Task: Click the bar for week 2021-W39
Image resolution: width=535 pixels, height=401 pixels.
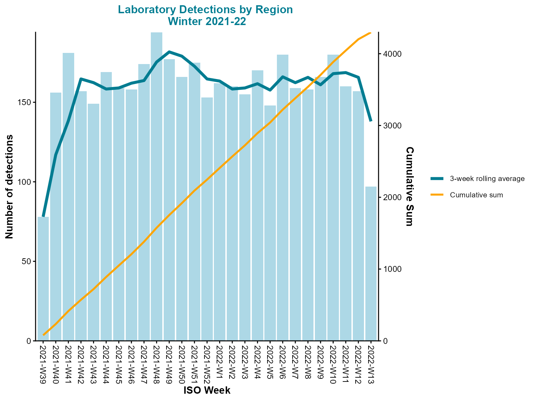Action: point(43,278)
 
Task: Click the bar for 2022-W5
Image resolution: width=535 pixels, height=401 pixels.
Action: point(270,223)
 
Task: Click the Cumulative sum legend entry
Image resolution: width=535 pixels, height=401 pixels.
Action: point(476,195)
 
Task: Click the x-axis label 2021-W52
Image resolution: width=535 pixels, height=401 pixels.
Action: point(207,364)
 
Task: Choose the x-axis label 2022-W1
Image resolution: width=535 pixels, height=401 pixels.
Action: point(219,362)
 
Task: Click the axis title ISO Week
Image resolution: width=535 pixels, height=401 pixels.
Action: point(207,390)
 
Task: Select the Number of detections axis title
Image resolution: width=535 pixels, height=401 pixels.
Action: point(9,187)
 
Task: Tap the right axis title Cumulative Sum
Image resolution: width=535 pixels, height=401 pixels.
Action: point(410,187)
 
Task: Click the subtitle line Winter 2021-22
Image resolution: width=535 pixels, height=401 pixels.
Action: point(207,22)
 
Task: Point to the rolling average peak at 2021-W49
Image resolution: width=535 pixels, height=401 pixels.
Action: point(169,52)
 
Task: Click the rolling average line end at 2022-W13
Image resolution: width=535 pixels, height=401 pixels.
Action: point(371,121)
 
